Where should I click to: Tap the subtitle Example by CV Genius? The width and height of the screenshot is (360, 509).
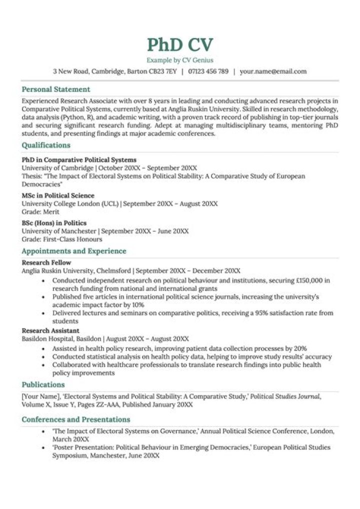(180, 60)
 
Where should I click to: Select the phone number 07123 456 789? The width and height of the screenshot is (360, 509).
(208, 71)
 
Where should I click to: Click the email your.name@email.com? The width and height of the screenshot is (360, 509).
(273, 71)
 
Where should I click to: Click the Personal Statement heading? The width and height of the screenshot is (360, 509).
(56, 89)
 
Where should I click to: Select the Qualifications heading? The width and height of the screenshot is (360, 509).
(46, 145)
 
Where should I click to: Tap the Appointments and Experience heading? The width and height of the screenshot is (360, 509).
(74, 251)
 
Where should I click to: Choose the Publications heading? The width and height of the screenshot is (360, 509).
(43, 384)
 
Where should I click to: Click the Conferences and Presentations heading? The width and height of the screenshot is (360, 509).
(75, 419)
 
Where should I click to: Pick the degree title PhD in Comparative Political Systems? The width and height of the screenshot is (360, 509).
(79, 160)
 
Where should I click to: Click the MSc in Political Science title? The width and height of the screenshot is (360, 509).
(58, 195)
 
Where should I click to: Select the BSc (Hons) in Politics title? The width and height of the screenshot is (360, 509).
(54, 223)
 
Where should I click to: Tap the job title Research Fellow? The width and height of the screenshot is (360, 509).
(46, 262)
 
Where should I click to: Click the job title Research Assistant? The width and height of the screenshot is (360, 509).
(50, 330)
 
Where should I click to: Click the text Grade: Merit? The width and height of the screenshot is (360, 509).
(40, 211)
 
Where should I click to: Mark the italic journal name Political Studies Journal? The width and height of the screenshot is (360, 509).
(285, 396)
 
